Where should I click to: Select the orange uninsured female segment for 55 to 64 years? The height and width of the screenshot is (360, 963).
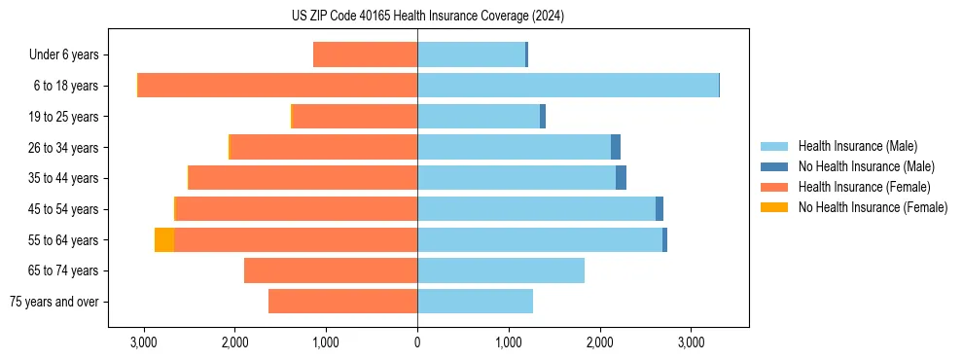tap(164, 239)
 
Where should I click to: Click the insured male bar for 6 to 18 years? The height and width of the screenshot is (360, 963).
tap(568, 86)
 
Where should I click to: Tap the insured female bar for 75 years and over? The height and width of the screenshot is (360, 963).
tap(342, 302)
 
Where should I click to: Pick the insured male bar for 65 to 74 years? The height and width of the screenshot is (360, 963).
tap(501, 270)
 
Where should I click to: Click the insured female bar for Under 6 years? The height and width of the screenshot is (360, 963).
tap(365, 54)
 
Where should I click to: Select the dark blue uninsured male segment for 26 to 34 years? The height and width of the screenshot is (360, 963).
tap(616, 147)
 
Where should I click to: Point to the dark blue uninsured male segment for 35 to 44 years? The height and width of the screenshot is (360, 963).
tap(621, 178)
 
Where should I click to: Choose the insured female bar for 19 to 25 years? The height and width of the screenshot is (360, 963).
tap(354, 117)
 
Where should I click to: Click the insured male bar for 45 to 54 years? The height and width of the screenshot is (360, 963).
tap(536, 209)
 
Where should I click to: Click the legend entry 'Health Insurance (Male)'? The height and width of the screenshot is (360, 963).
tap(857, 146)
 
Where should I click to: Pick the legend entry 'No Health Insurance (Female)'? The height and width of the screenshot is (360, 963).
tap(873, 207)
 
